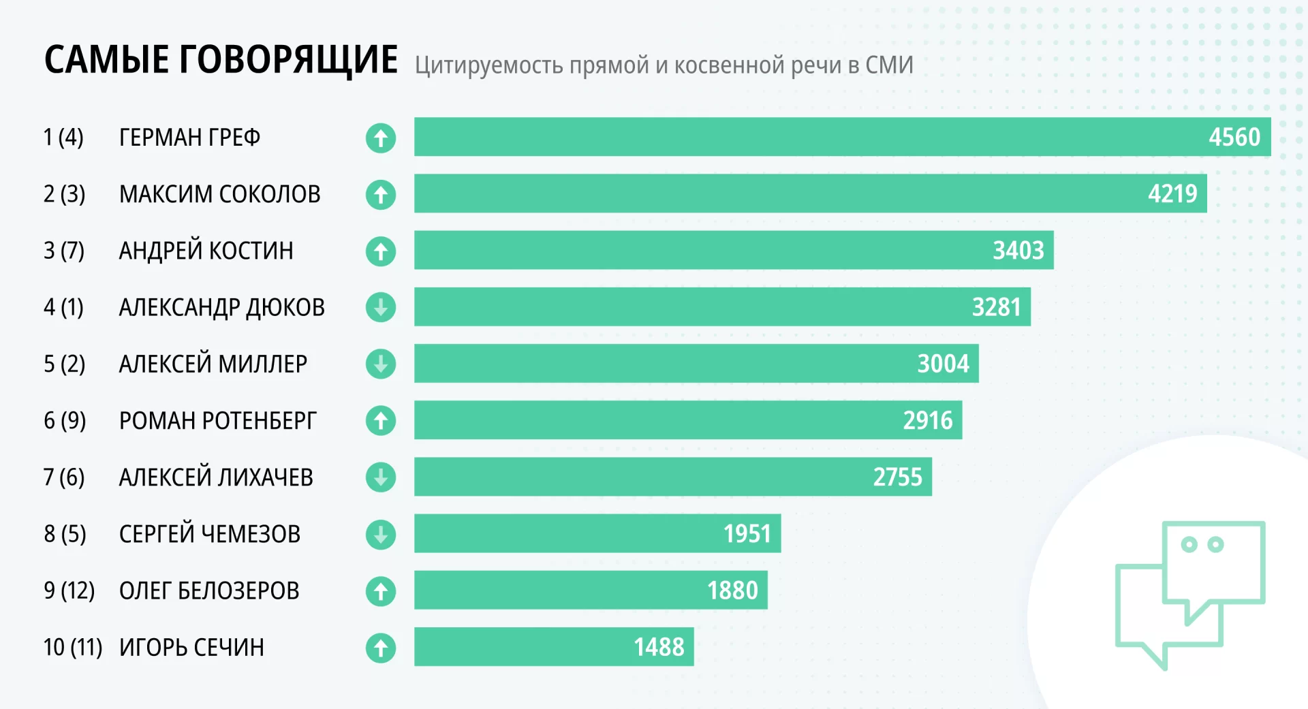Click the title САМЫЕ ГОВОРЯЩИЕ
[x=221, y=59]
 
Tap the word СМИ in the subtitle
[x=889, y=65]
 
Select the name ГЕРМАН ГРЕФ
[x=189, y=138]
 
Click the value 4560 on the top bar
[x=1234, y=138]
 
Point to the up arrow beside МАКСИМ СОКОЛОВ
[x=381, y=195]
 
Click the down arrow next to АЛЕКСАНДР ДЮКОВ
[x=381, y=307]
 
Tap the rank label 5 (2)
[x=65, y=364]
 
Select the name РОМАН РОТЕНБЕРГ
[x=217, y=421]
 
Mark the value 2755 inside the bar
[x=897, y=477]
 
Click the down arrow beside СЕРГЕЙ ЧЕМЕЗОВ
[x=381, y=534]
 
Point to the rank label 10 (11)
[x=73, y=647]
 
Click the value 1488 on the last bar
[x=659, y=647]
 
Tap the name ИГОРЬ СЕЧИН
[x=191, y=647]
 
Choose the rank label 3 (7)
[x=64, y=251]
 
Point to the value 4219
[x=1172, y=194]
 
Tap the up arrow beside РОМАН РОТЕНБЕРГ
[x=381, y=420]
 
